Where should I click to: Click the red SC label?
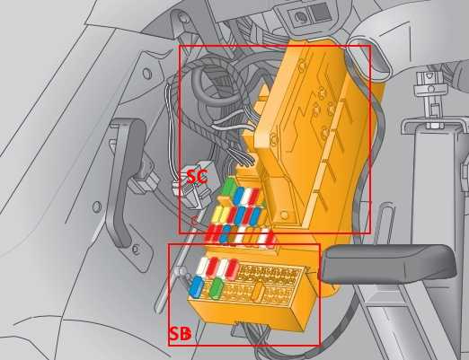coord(197,177)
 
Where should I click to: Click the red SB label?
coord(180,334)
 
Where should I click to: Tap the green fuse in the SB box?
coord(217,288)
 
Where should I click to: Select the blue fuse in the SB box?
coord(197,287)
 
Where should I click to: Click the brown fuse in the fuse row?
coord(233,234)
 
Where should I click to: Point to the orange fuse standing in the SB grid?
coord(257,291)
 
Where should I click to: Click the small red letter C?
coord(194,221)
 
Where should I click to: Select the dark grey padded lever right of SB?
coord(389,263)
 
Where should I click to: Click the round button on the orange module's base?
coord(284,215)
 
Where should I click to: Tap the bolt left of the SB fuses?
coord(181,272)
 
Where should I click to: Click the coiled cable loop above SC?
coord(216,81)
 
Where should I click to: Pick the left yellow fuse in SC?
coord(217,215)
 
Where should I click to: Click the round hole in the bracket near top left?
coord(147,74)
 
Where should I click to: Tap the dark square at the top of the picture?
coord(320,12)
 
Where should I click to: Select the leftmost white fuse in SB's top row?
coord(202,266)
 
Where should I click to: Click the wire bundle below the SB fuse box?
coord(253,335)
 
